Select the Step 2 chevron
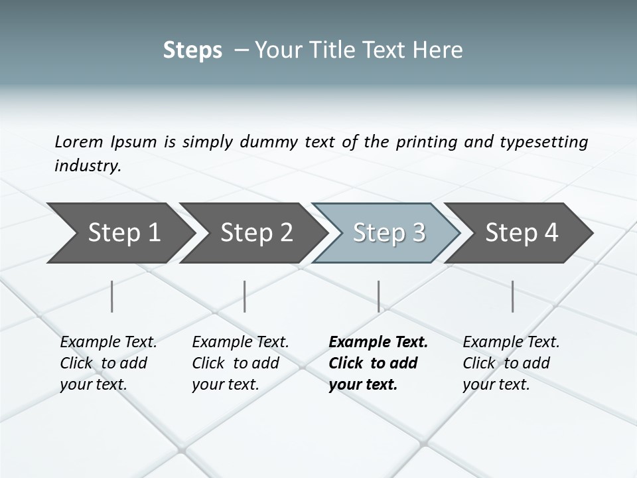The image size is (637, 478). [x=256, y=232]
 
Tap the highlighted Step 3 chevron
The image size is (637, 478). [x=389, y=232]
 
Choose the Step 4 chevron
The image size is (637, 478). [x=522, y=232]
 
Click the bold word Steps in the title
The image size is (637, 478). [x=192, y=50]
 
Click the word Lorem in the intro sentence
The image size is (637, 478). [x=79, y=142]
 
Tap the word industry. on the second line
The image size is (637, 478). [x=88, y=165]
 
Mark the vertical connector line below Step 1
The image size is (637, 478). [x=112, y=296]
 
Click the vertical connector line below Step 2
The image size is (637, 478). [x=245, y=296]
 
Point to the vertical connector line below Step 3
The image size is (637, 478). [x=379, y=296]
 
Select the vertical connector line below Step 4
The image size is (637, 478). [x=513, y=296]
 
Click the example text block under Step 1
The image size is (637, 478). [x=108, y=363]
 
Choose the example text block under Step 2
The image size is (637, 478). [x=240, y=363]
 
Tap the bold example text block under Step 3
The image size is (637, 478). [x=378, y=363]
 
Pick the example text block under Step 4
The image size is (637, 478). [x=511, y=363]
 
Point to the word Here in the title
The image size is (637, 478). [x=440, y=50]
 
